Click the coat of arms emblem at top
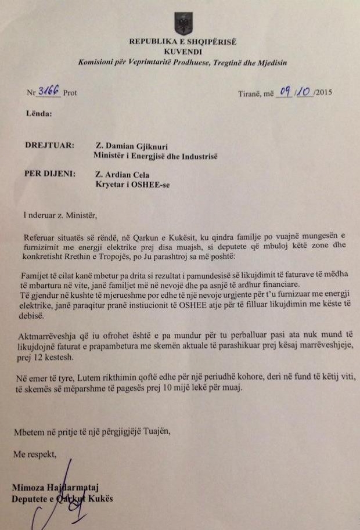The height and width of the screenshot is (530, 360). click(183, 23)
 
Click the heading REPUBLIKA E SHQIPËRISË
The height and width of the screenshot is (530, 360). click(183, 42)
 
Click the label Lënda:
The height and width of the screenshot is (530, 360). click(39, 114)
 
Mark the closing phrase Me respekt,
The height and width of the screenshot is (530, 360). click(35, 455)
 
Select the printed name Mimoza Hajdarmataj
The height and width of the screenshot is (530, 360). click(56, 489)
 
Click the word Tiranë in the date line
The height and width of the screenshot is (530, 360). click(250, 93)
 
